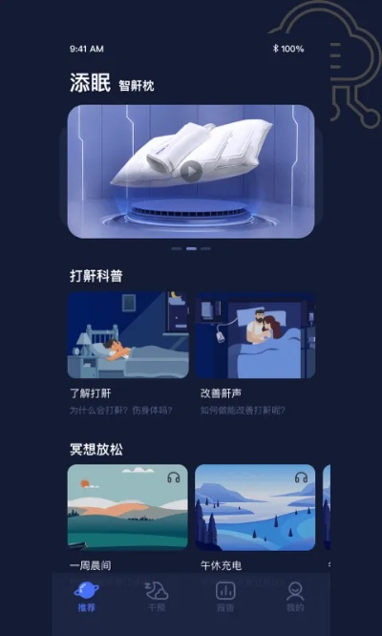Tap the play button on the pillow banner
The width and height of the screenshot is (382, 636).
coord(192,171)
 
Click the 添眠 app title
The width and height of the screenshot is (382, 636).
coord(91,83)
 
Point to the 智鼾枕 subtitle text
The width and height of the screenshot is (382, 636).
coord(137,86)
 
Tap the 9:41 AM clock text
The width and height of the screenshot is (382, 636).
coord(87,49)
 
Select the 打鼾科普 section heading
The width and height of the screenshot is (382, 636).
coord(96,276)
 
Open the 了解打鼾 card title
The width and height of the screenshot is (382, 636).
coord(91,392)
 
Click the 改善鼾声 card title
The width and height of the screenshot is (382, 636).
coord(219,392)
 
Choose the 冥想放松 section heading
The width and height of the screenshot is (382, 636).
coord(96,449)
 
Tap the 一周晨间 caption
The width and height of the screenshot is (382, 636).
coord(92,565)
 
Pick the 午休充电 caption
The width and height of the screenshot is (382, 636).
coord(220,565)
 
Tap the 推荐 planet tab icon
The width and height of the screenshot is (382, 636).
coord(86,590)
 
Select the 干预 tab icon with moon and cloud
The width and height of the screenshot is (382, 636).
coord(156,590)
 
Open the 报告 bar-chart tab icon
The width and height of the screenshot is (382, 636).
coord(225,590)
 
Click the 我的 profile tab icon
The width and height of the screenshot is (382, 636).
coord(295,590)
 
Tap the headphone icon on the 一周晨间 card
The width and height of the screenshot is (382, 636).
coord(173,477)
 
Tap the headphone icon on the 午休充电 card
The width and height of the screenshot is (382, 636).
coord(301,477)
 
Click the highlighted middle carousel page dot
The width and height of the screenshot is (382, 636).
coord(191,248)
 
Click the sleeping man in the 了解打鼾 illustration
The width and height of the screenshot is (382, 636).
coord(113,350)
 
